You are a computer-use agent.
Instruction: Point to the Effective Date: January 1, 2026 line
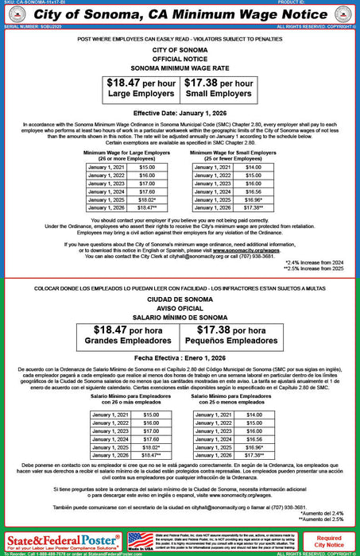179,114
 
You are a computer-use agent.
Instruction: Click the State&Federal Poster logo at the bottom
60,539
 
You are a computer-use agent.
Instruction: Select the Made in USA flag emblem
141,539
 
